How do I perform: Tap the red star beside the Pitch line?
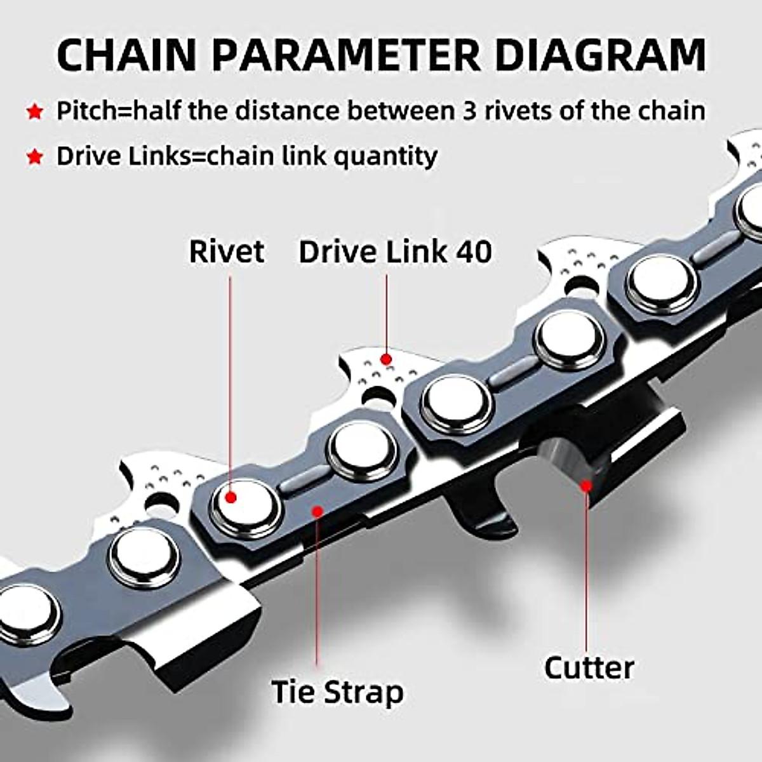tap(34, 113)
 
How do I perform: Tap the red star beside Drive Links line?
tap(34, 157)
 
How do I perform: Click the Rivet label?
tap(226, 251)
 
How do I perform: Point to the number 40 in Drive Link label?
tap(472, 251)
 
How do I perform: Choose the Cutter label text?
tap(589, 667)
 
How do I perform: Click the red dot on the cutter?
tap(586, 486)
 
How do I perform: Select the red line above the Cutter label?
tap(586, 571)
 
